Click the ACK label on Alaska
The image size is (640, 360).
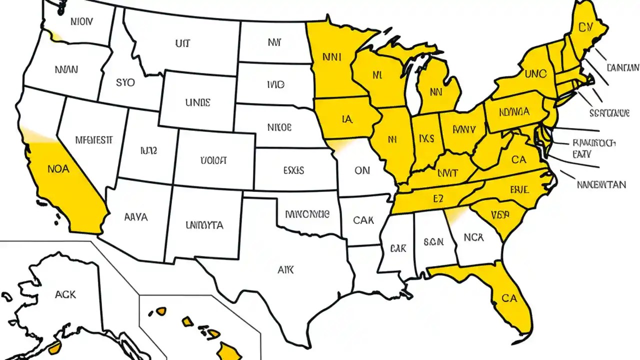pyautogui.click(x=65, y=294)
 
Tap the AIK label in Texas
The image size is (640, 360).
pyautogui.click(x=285, y=270)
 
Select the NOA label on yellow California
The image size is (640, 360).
pyautogui.click(x=58, y=169)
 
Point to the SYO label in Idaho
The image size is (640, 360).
pyautogui.click(x=124, y=82)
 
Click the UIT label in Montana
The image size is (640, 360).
pyautogui.click(x=182, y=43)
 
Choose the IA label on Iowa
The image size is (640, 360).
pyautogui.click(x=347, y=119)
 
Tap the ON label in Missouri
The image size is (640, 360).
pyautogui.click(x=361, y=170)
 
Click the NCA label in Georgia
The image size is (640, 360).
pyautogui.click(x=473, y=237)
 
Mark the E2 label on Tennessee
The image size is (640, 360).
pyautogui.click(x=438, y=199)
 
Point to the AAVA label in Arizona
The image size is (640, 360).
pyautogui.click(x=135, y=217)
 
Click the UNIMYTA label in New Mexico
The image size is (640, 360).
pyautogui.click(x=204, y=225)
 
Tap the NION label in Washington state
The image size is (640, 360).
pyautogui.click(x=82, y=22)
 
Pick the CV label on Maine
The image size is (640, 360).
pyautogui.click(x=584, y=27)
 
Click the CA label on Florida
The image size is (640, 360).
pyautogui.click(x=509, y=298)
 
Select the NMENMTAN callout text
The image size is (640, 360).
pyautogui.click(x=600, y=184)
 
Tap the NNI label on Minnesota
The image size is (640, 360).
pyautogui.click(x=331, y=57)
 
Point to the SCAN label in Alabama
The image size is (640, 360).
pyautogui.click(x=433, y=242)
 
